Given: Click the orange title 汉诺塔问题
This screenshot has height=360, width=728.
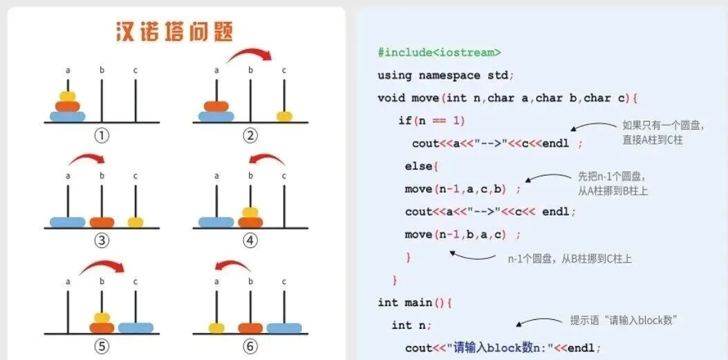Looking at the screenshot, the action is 174,32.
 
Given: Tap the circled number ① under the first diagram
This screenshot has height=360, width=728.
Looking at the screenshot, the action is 102,135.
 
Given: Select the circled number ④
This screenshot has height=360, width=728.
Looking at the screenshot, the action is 250,240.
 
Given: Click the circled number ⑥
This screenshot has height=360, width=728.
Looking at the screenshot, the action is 250,345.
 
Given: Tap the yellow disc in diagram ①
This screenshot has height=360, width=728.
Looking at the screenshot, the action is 67,96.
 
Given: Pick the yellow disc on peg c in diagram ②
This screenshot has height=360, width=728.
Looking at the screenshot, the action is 284,116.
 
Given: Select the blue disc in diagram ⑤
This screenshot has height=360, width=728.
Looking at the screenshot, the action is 136,328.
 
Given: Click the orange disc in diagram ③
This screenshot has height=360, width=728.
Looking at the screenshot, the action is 102,222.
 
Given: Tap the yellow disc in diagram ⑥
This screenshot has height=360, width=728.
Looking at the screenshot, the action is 216,328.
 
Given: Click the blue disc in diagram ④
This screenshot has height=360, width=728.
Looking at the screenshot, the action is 216,222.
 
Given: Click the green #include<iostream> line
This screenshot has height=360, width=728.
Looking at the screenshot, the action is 439,53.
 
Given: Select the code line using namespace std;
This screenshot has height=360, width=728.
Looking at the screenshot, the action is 445,75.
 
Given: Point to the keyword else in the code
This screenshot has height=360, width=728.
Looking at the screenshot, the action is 418,167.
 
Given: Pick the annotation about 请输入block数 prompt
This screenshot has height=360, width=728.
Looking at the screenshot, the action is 622,320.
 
